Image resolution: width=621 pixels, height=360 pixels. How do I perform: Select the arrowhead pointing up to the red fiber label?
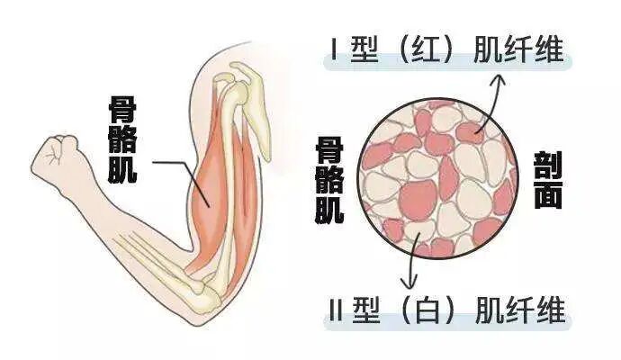496,79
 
